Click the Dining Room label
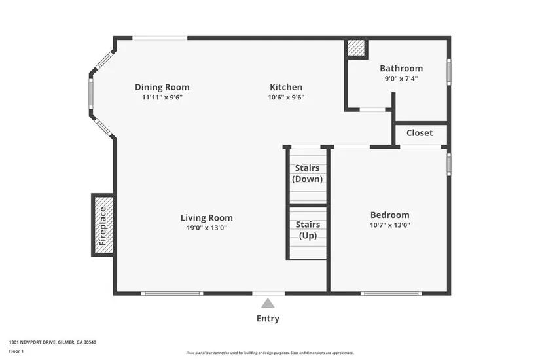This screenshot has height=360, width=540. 162,87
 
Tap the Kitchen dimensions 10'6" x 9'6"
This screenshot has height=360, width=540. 286,97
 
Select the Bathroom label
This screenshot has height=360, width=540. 401,68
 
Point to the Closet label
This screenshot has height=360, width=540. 420,133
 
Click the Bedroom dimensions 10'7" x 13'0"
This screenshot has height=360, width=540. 390,225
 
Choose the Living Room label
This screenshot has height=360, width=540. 207,218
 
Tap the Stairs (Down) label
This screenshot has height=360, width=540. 307,173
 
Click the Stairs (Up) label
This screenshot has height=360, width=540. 308,230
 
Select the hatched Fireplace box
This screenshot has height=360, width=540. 103,225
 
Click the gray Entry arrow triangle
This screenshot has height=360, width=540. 268,303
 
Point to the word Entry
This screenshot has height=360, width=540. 268,319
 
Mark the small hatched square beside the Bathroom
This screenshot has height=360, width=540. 356,48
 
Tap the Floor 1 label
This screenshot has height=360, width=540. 16,351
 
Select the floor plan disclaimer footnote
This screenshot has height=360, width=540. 270,353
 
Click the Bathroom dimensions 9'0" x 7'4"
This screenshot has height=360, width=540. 401,79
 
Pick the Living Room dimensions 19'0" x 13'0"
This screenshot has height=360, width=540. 207,228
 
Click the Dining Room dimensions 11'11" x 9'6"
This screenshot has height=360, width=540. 162,97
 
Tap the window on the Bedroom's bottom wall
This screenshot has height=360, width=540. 391,293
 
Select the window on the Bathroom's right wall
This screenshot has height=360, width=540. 449,71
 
